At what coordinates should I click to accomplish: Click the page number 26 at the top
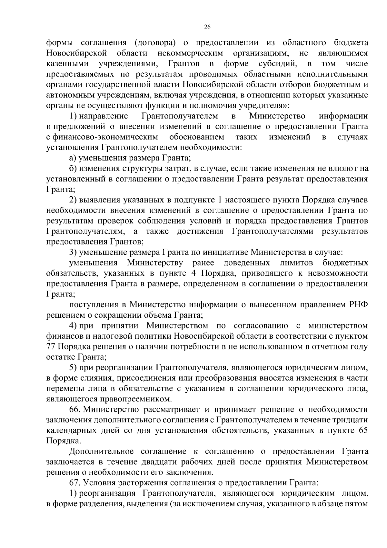[x=207, y=27]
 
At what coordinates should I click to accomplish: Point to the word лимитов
[x=296, y=263]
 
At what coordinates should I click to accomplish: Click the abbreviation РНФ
[x=358, y=304]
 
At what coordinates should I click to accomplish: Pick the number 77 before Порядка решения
[x=51, y=346]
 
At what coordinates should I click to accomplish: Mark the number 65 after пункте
[x=363, y=430]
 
